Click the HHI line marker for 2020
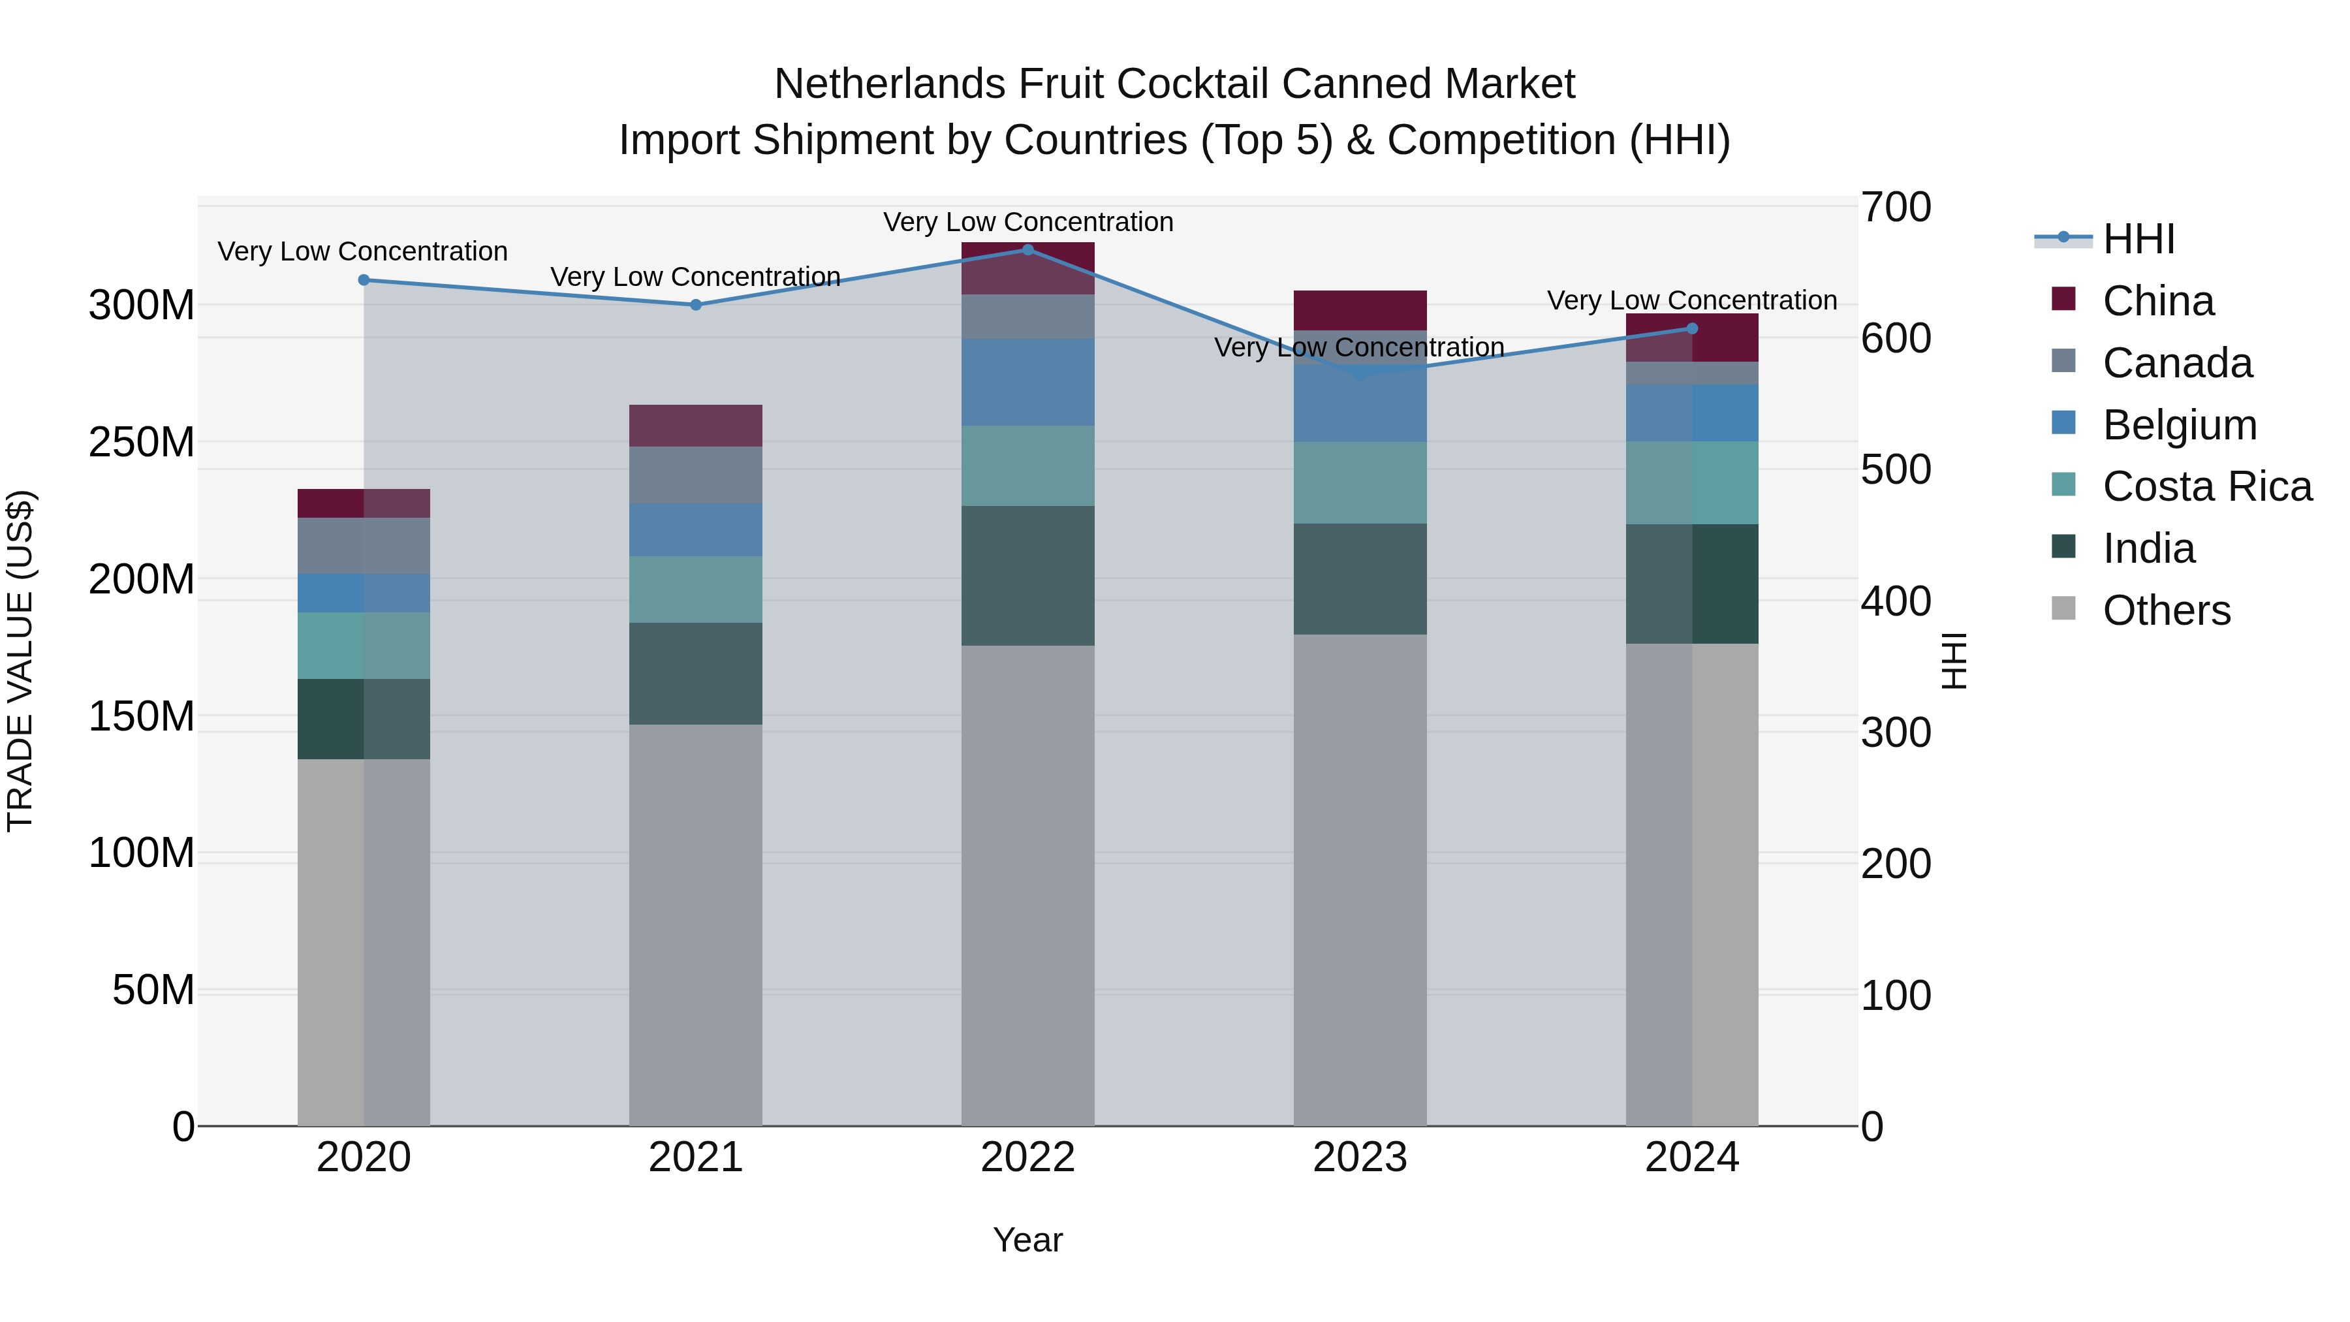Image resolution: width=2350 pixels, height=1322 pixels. point(364,280)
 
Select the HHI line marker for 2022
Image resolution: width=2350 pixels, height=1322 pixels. point(1028,250)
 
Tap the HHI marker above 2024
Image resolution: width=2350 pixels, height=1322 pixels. point(1692,328)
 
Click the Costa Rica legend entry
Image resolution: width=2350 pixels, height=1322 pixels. point(2207,487)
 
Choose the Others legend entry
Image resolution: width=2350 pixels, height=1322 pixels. point(2166,610)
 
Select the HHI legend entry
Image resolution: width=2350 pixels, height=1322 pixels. point(2138,239)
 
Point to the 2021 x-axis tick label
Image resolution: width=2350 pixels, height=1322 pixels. point(696,1157)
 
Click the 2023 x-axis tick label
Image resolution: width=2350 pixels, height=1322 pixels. point(1360,1157)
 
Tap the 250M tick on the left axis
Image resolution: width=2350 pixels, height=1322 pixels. point(142,443)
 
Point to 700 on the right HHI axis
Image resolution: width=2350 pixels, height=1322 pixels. point(1896,207)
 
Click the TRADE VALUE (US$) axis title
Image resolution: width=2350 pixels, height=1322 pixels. point(21,661)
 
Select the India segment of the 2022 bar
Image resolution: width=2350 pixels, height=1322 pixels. point(1028,576)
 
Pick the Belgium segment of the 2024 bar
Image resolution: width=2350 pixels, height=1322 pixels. point(1692,413)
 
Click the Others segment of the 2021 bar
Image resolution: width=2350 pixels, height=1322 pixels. point(696,925)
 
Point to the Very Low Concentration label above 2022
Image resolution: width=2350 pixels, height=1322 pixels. point(1028,223)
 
